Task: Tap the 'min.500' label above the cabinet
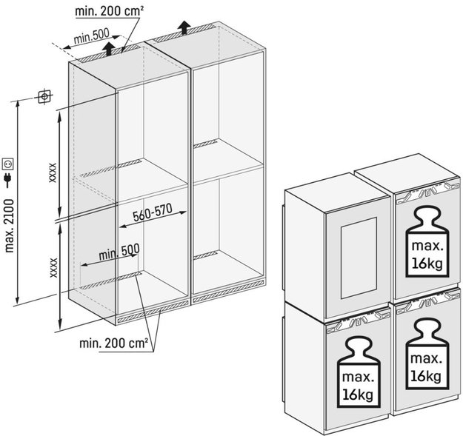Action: (93, 37)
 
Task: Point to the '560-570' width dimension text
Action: (153, 212)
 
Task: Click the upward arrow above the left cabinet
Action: (110, 50)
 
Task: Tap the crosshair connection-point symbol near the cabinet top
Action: (45, 97)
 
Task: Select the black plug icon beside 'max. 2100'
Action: (9, 180)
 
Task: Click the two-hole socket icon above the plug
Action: (9, 161)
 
